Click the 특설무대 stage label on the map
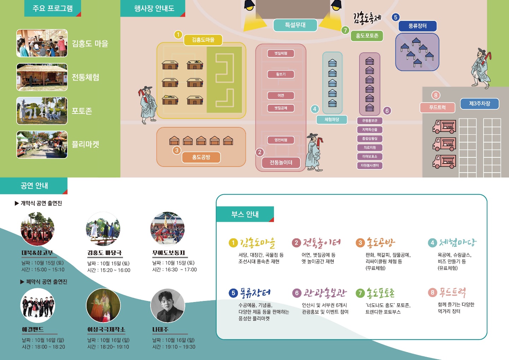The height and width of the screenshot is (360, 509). point(295,25)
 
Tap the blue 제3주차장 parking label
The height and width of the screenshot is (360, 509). point(479,104)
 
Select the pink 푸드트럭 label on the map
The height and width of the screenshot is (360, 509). point(437,108)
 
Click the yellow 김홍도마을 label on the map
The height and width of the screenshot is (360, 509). point(203,40)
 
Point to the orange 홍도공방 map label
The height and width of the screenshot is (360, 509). point(201,157)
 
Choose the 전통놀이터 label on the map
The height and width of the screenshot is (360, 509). point(281,163)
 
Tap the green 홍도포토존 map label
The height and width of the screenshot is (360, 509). point(367,36)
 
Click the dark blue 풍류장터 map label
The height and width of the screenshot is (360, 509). point(417,26)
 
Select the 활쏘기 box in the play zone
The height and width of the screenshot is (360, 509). point(281,74)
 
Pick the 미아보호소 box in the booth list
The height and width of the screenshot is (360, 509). point(370,156)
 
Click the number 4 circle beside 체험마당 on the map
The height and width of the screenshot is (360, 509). point(315,109)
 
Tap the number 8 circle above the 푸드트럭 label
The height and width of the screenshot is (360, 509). point(435,95)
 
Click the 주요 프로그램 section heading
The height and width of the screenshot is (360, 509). point(53,8)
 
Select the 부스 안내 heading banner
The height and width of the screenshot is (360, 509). point(245,214)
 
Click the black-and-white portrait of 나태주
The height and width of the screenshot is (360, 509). point(168,306)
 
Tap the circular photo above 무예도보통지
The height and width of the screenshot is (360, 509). point(168,228)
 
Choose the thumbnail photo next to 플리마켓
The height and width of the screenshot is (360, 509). point(42,145)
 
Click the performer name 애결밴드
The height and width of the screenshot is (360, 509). point(33,330)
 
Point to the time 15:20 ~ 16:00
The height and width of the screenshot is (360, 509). point(109,270)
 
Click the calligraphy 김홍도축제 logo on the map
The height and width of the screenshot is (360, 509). point(367,18)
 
